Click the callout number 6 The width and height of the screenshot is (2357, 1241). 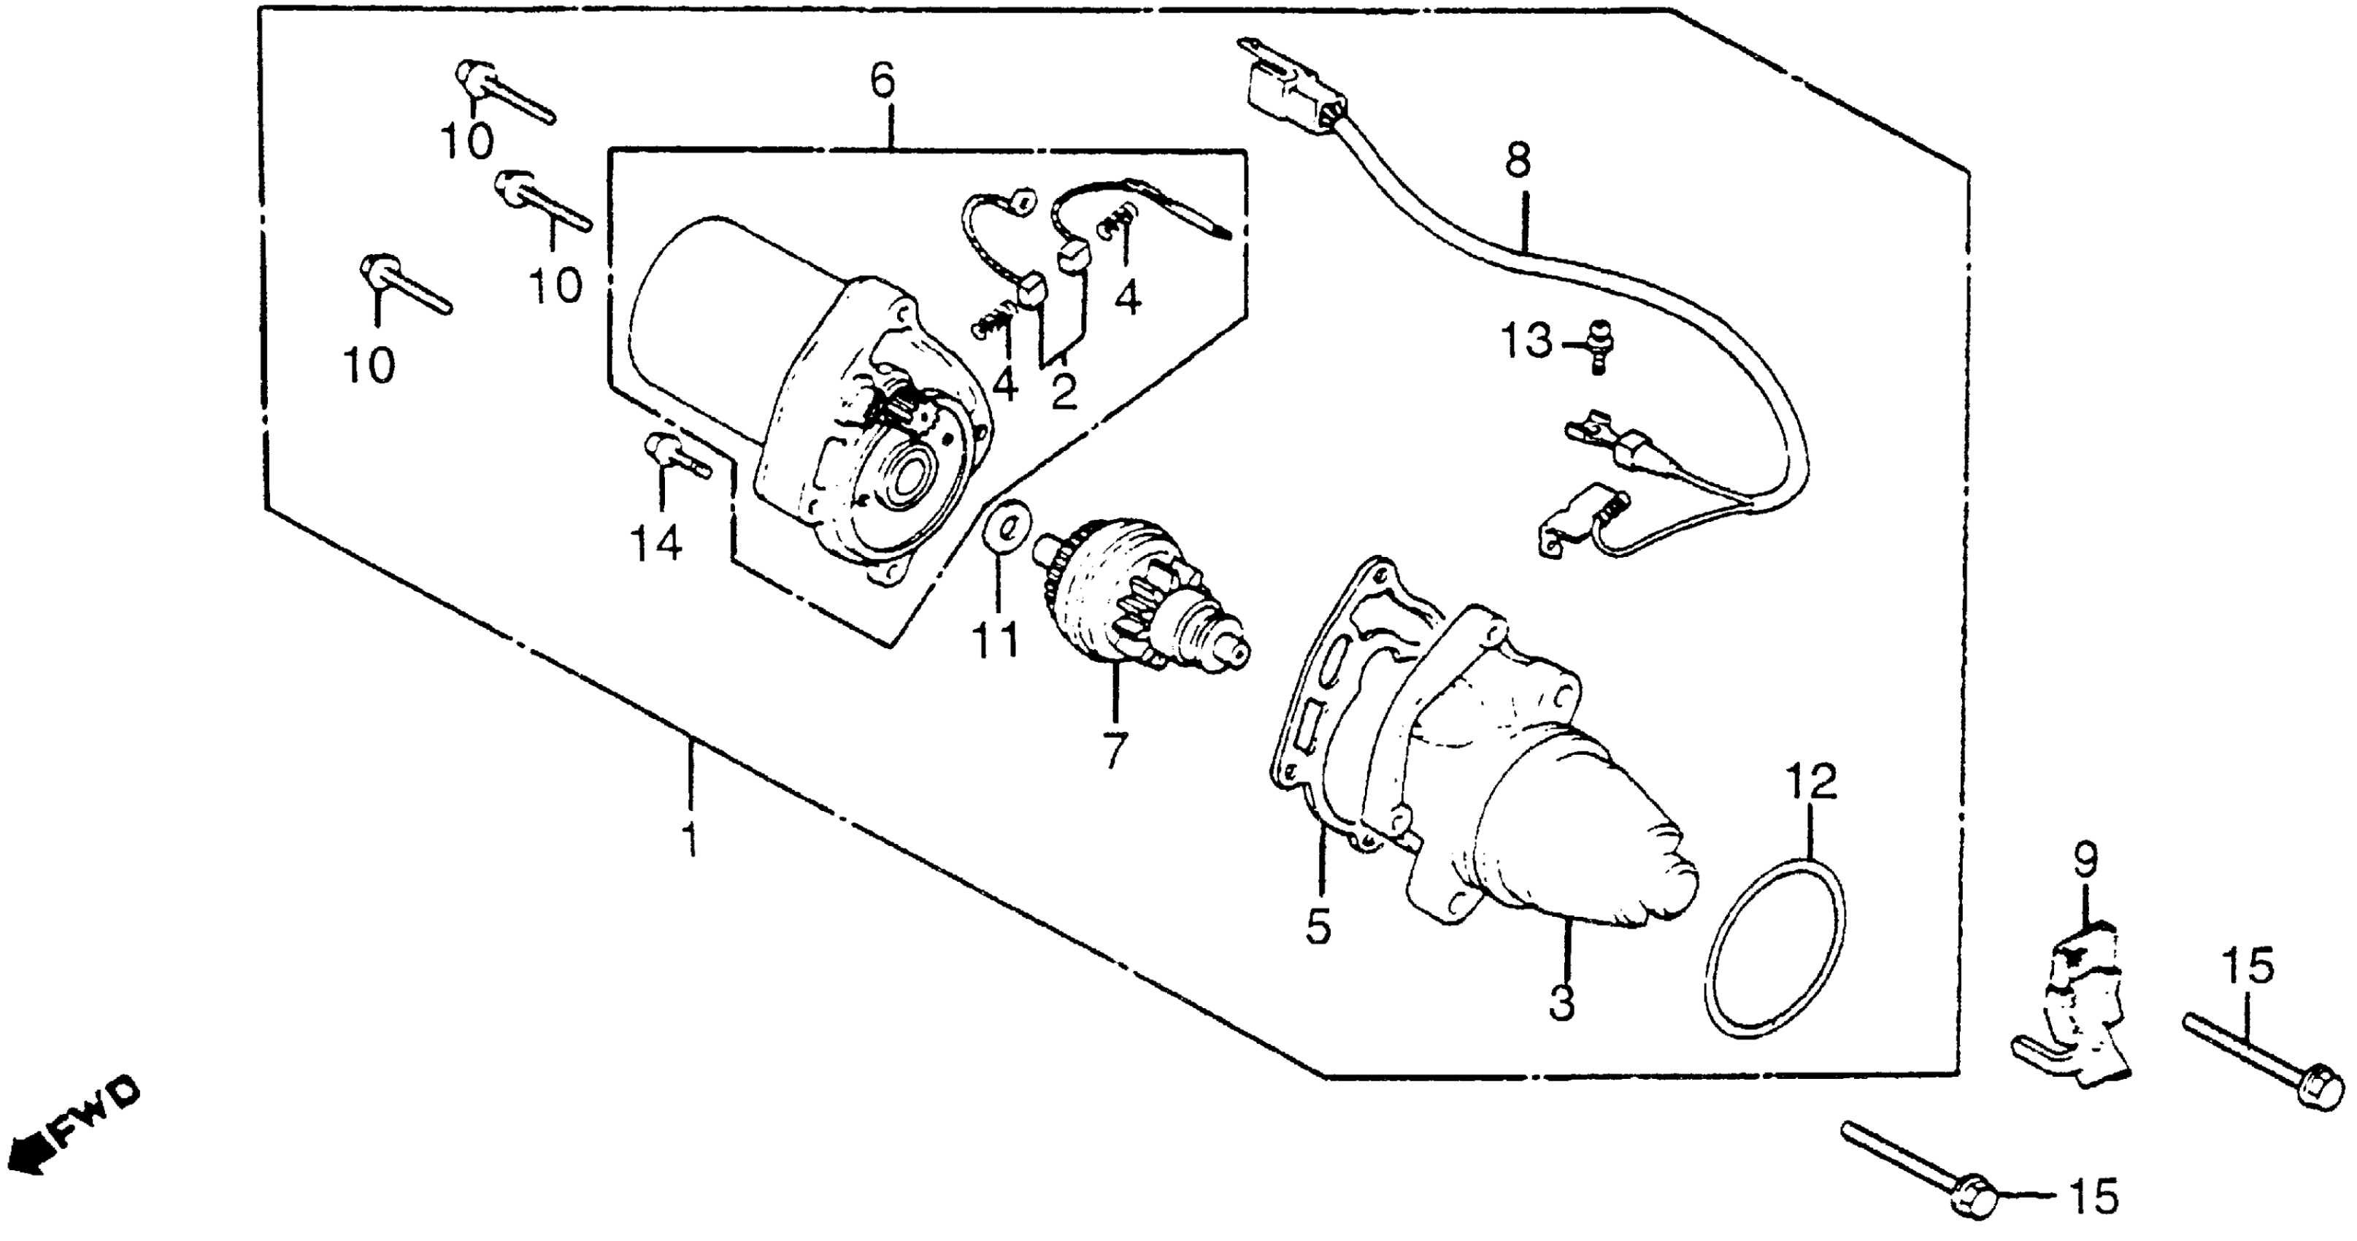point(881,82)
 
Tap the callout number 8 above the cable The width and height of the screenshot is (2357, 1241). point(1516,162)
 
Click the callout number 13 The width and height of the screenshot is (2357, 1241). point(1526,342)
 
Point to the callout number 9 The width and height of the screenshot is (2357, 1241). point(2085,860)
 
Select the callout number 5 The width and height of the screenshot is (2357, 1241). point(1318,926)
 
